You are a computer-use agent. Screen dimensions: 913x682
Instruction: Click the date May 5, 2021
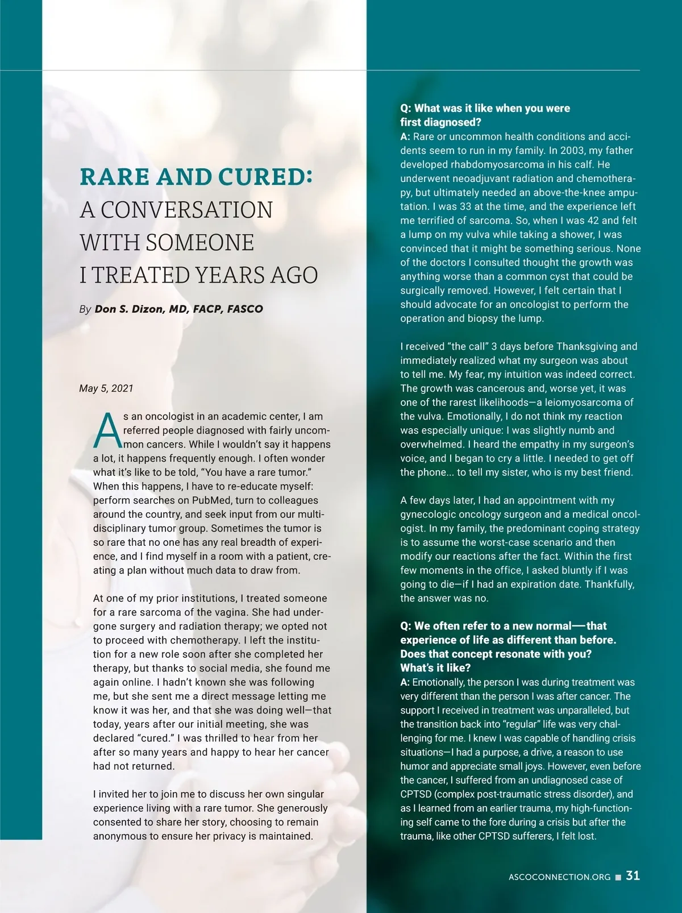point(106,388)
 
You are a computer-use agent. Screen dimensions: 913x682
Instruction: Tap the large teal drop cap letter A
point(107,430)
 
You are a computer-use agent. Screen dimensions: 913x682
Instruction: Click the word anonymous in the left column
point(120,836)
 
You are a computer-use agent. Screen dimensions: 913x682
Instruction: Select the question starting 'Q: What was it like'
point(485,115)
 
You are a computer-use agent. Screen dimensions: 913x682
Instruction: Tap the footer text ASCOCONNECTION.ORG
point(559,877)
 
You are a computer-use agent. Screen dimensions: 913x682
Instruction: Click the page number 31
point(633,875)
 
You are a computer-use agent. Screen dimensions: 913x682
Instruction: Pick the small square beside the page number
point(618,877)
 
